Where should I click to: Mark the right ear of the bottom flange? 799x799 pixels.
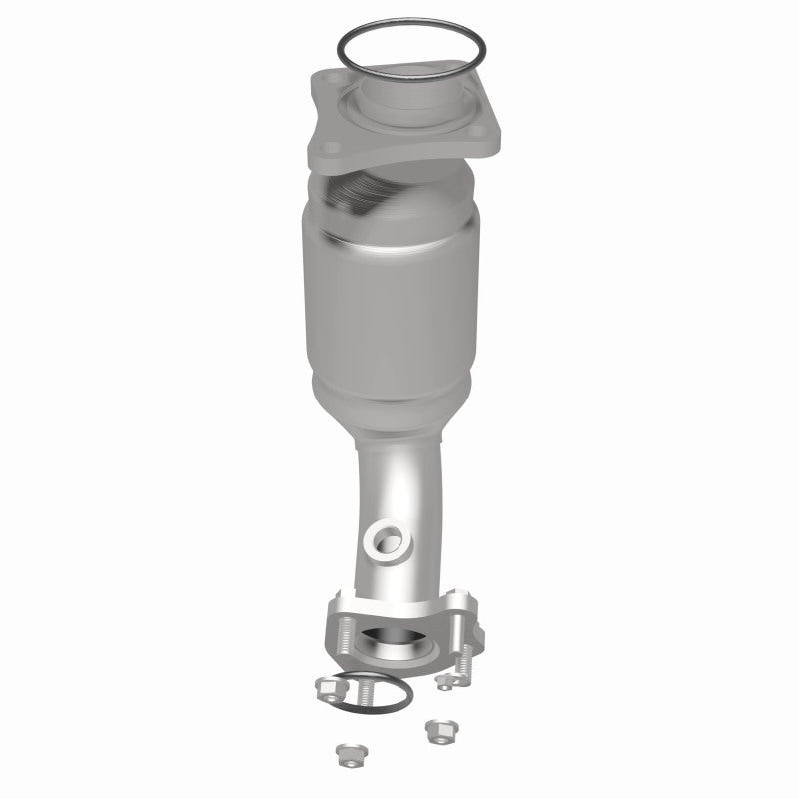pos(469,614)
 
